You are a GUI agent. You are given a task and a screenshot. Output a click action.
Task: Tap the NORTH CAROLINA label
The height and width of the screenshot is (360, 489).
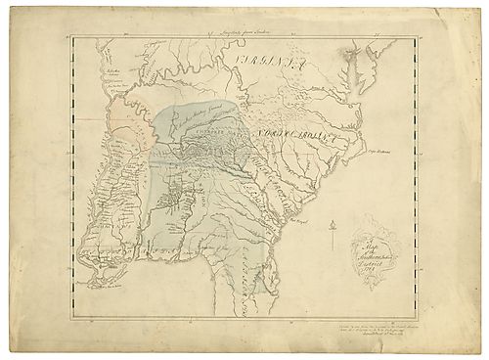[x=293, y=132]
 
